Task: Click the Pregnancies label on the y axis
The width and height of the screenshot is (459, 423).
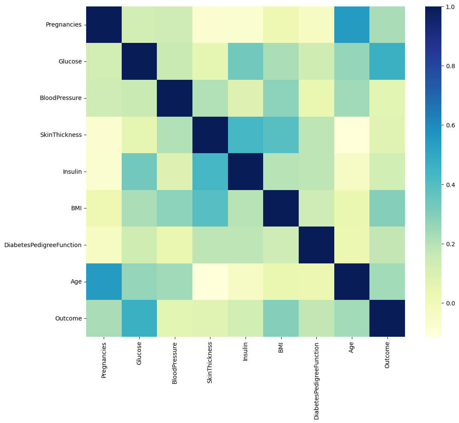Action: click(63, 24)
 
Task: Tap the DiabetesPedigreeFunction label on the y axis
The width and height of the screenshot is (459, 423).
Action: click(42, 245)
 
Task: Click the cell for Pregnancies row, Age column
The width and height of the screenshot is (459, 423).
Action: click(351, 24)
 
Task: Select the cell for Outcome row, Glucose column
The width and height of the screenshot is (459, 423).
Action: click(139, 318)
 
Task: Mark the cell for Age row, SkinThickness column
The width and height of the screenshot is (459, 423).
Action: click(210, 281)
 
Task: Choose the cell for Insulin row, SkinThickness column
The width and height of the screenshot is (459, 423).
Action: click(210, 172)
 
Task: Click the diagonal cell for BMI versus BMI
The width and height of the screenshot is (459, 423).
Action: click(281, 208)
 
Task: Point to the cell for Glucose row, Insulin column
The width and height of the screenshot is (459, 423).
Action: click(246, 61)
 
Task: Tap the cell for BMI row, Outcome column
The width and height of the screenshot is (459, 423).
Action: click(387, 208)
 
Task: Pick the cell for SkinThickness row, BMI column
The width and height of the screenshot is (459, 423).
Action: click(281, 135)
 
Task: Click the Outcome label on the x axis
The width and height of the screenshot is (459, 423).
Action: click(387, 356)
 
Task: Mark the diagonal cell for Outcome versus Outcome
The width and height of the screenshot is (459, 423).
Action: click(387, 318)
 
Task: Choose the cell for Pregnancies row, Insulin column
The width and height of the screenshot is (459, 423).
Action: click(246, 24)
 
